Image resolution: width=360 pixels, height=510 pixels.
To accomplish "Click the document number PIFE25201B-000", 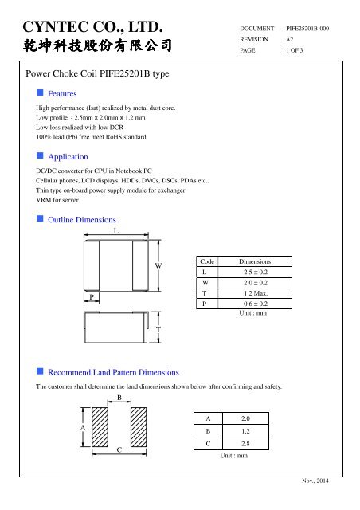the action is (x=307, y=29).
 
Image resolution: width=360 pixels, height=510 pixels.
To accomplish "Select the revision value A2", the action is (x=289, y=39).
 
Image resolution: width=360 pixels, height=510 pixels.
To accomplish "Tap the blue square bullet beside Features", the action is (x=40, y=92).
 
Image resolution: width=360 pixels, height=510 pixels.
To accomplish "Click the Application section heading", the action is (x=68, y=157).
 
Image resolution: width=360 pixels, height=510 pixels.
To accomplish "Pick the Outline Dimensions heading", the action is (x=82, y=220).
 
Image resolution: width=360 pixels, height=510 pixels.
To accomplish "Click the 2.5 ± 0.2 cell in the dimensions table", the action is (x=256, y=273).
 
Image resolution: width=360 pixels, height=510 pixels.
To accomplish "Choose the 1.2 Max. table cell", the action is (x=256, y=293).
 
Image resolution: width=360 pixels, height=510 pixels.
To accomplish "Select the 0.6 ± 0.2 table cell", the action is (x=256, y=304).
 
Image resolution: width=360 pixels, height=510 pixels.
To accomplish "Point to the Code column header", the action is (x=207, y=261).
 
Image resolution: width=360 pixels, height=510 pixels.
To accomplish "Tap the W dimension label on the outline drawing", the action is (x=158, y=265).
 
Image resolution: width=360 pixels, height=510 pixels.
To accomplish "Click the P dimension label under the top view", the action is (x=92, y=296).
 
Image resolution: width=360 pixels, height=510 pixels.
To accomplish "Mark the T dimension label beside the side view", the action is (x=158, y=329).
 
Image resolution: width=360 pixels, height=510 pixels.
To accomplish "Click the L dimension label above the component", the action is (x=115, y=231).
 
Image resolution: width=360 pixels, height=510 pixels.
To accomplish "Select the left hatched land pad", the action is (x=100, y=427).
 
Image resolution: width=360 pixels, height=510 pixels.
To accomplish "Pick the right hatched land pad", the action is (x=139, y=427).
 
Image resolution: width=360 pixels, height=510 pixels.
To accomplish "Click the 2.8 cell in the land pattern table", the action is (x=245, y=444).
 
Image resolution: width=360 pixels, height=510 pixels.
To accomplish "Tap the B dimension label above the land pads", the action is (x=119, y=398).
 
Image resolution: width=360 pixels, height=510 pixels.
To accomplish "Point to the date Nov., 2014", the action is (x=315, y=481).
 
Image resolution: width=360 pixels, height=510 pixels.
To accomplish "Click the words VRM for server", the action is (x=57, y=200).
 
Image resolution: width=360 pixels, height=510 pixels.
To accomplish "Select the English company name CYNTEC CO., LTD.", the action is (x=92, y=27).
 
